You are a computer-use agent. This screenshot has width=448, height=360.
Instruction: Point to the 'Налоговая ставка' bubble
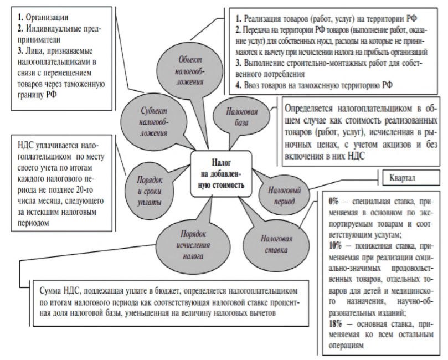pos(276,242)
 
